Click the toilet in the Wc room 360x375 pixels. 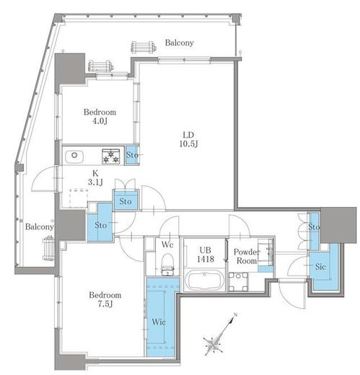pos(167,264)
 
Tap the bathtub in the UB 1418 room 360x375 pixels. pos(205,281)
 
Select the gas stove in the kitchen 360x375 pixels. pos(111,156)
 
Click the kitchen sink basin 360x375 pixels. pos(74,156)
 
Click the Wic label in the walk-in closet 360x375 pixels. pos(159,322)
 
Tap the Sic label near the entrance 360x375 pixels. pos(320,266)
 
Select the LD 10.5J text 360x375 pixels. pos(188,139)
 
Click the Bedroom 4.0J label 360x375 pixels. pos(100,116)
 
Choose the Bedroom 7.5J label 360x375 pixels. pos(105,299)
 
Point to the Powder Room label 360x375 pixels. pos(247,256)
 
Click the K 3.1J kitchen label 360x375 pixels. pos(95,178)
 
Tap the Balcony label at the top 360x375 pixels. pos(180,43)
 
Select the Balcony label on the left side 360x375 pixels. pos(39,226)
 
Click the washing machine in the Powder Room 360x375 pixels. pos(238,282)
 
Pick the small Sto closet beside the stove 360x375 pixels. pos(132,155)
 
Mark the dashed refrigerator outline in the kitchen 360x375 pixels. pos(79,198)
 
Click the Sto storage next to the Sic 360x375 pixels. pos(314,231)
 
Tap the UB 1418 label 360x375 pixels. pos(206,255)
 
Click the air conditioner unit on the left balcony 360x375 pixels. pos(48,249)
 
